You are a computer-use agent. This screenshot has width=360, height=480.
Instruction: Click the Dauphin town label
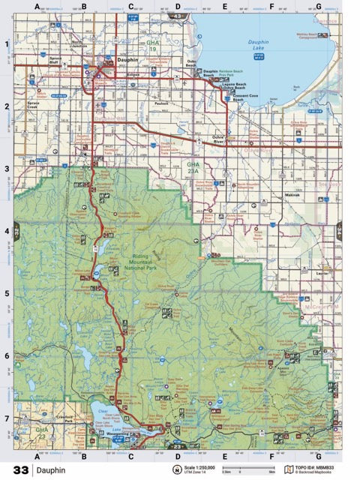tap(127, 58)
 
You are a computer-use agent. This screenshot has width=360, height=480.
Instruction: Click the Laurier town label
tap(323, 274)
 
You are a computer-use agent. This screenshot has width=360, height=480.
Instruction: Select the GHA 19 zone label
tap(153, 47)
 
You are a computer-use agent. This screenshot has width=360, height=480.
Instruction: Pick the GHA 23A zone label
tap(193, 166)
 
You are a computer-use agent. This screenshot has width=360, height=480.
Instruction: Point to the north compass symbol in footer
tap(177, 470)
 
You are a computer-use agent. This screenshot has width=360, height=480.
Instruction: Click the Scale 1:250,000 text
tap(203, 466)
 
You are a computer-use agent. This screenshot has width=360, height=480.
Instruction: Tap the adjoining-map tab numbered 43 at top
tap(178, 15)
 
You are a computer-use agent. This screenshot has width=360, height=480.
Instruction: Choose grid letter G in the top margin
tap(318, 7)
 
